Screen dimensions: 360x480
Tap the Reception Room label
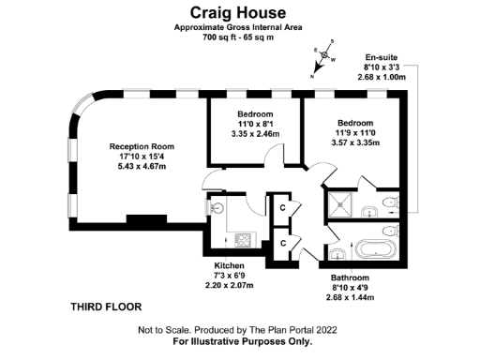[x=142, y=146]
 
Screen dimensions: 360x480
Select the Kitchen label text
[x=229, y=265]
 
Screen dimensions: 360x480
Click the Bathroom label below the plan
[x=350, y=278]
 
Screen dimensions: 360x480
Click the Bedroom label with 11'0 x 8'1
[x=255, y=114]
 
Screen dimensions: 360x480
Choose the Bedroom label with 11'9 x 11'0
[x=355, y=123]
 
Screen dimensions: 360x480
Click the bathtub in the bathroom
[x=376, y=249]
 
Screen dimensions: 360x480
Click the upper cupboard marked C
[x=282, y=207]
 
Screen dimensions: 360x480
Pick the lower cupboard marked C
[x=282, y=244]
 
